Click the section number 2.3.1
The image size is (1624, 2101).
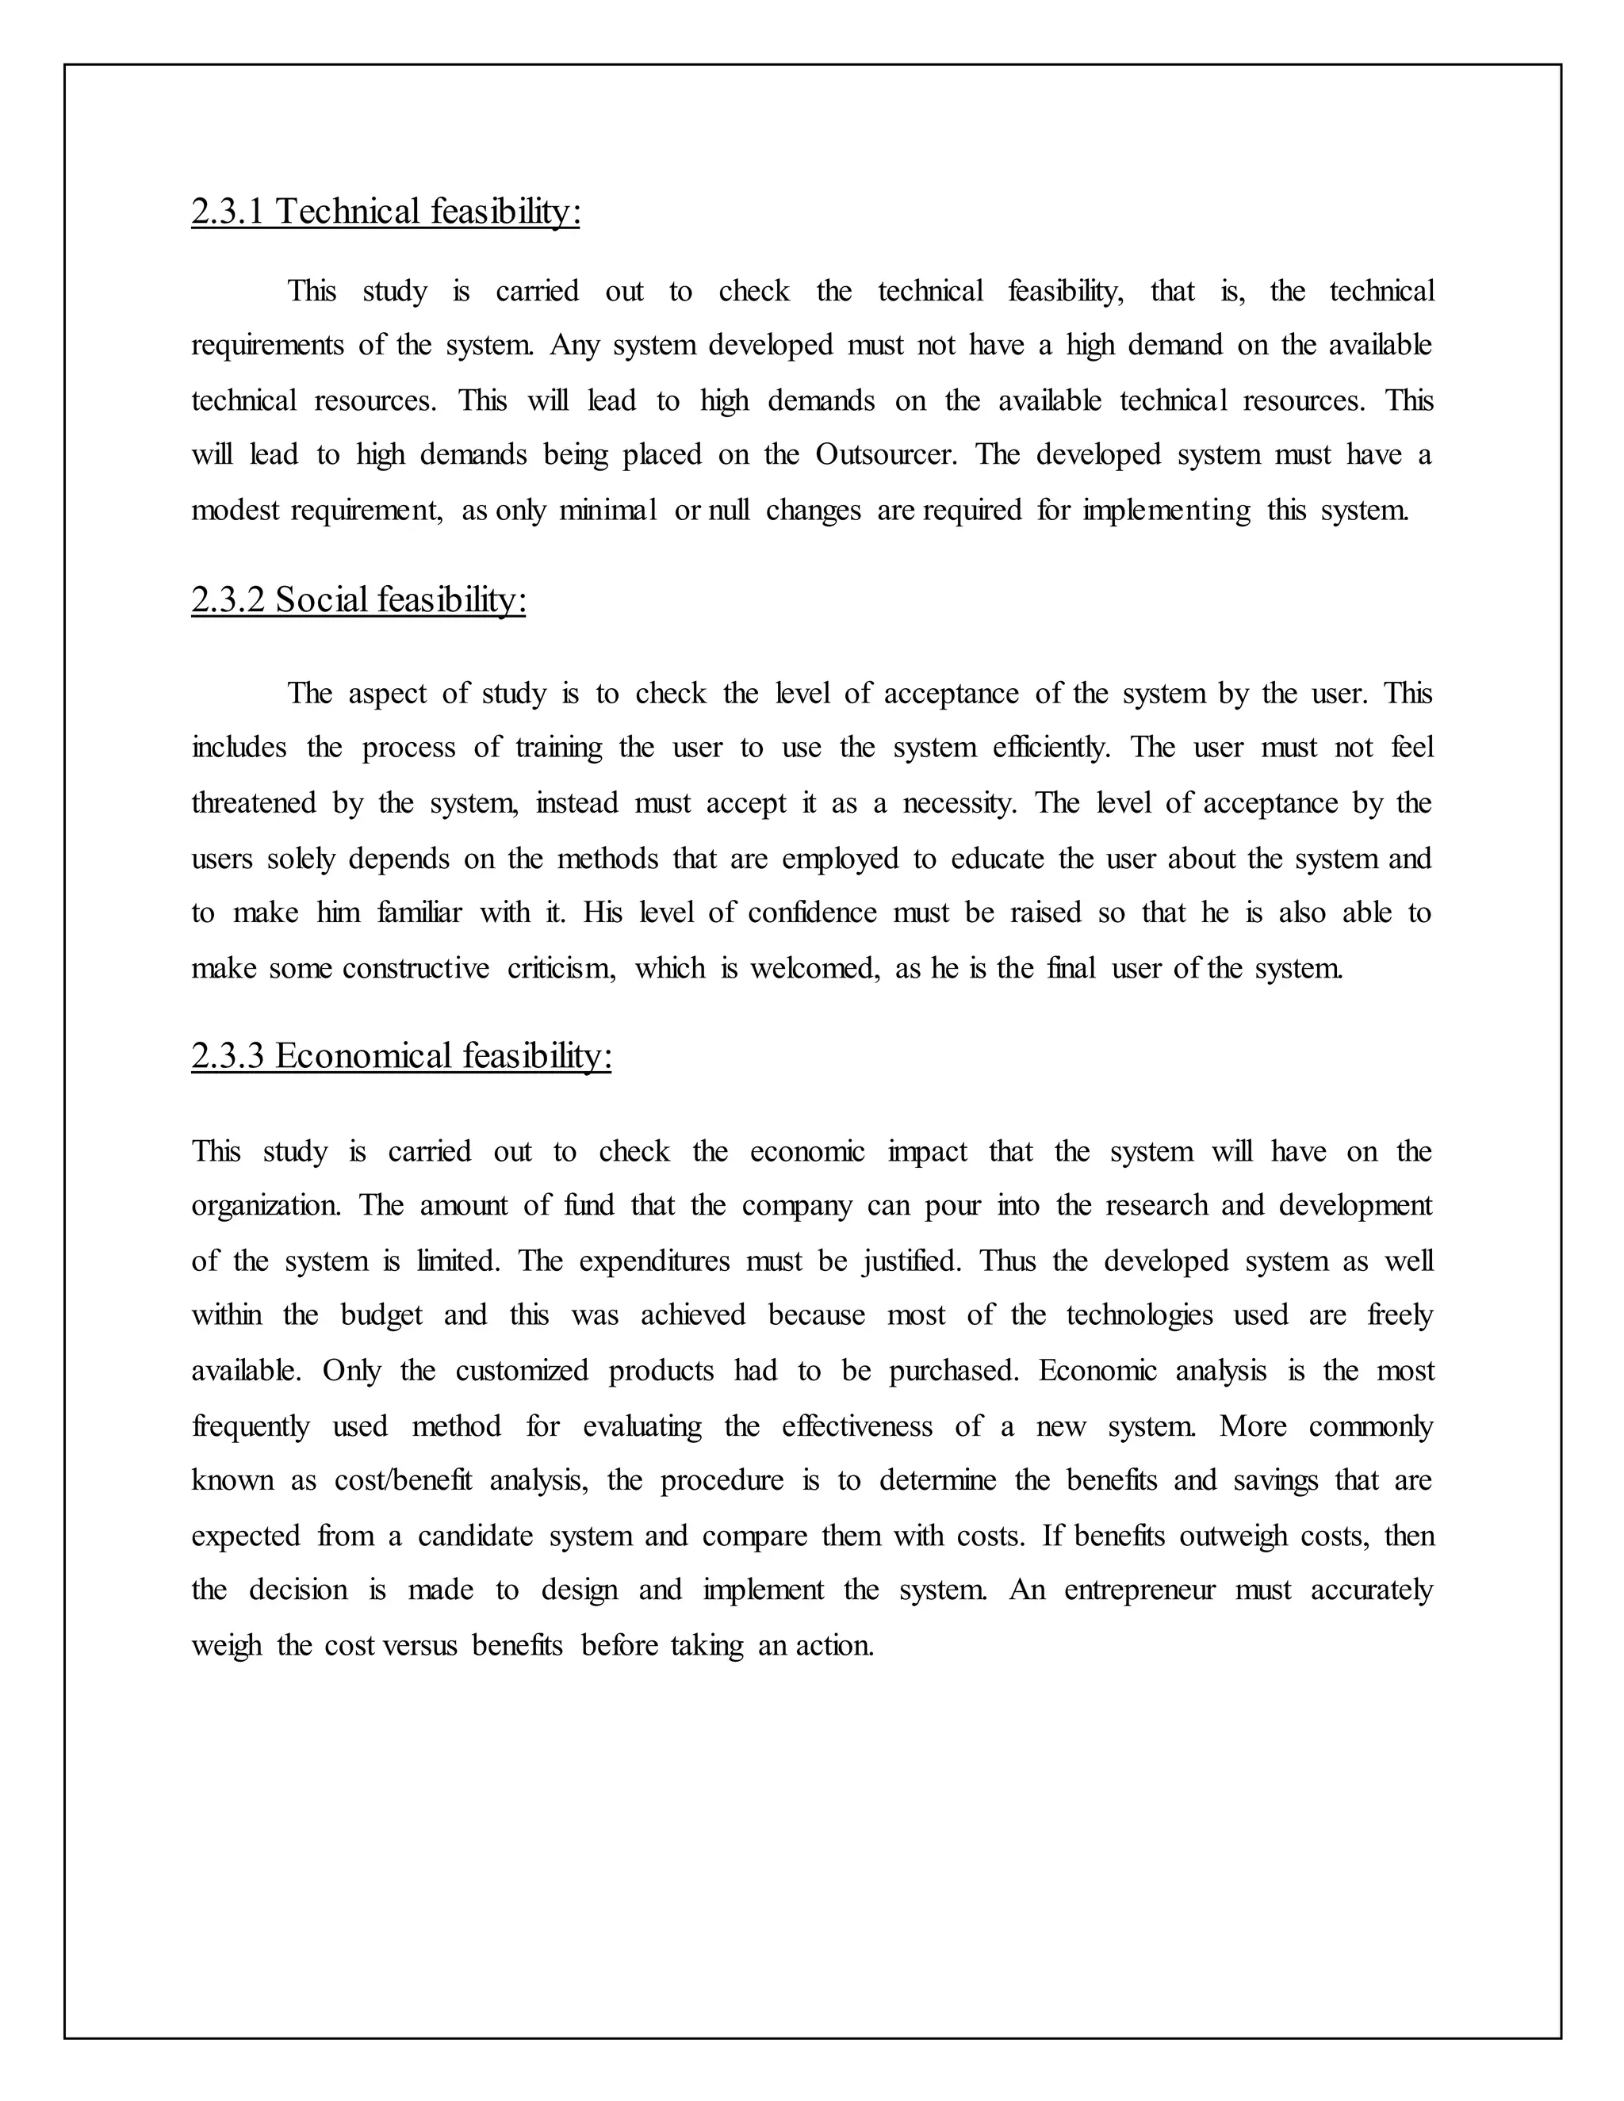point(227,212)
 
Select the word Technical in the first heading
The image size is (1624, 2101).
point(348,212)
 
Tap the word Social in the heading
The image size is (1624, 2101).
point(321,600)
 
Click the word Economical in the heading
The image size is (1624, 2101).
point(364,1056)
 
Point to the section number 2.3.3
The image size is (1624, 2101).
point(227,1056)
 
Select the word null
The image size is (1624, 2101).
point(728,510)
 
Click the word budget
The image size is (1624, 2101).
point(382,1316)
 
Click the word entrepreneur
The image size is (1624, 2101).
point(1140,1590)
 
